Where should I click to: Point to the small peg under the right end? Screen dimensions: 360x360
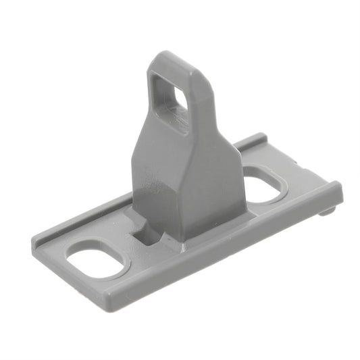pyautogui.click(x=327, y=211)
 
